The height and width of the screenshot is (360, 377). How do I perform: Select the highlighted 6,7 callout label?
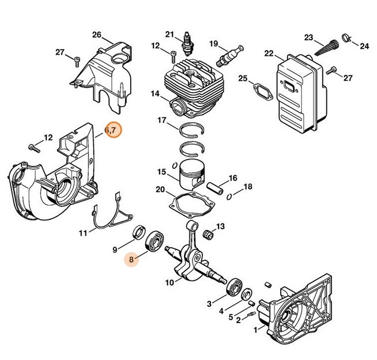113,131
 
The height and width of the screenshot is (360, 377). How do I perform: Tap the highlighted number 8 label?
131,260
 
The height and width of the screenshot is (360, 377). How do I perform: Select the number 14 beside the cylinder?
155,93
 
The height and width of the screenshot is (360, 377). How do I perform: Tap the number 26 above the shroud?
96,35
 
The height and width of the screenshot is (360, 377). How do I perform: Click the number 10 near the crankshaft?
169,282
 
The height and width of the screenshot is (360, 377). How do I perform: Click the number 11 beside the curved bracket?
83,233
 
